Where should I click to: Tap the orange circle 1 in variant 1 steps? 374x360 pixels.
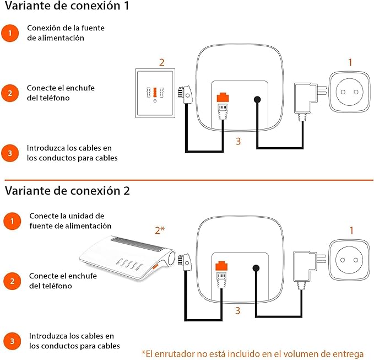tap(9, 33)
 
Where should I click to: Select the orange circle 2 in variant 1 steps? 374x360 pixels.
tap(9, 93)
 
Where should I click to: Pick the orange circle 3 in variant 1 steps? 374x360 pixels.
tap(9, 153)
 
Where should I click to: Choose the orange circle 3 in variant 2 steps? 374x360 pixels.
tap(9, 340)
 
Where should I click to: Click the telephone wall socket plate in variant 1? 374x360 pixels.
tap(155, 93)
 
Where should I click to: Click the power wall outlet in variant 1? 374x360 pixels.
tap(350, 92)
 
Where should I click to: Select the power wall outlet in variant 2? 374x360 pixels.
tap(350, 260)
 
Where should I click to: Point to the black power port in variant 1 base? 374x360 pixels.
tap(257, 100)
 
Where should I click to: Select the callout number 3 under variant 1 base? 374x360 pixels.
tap(238, 141)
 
